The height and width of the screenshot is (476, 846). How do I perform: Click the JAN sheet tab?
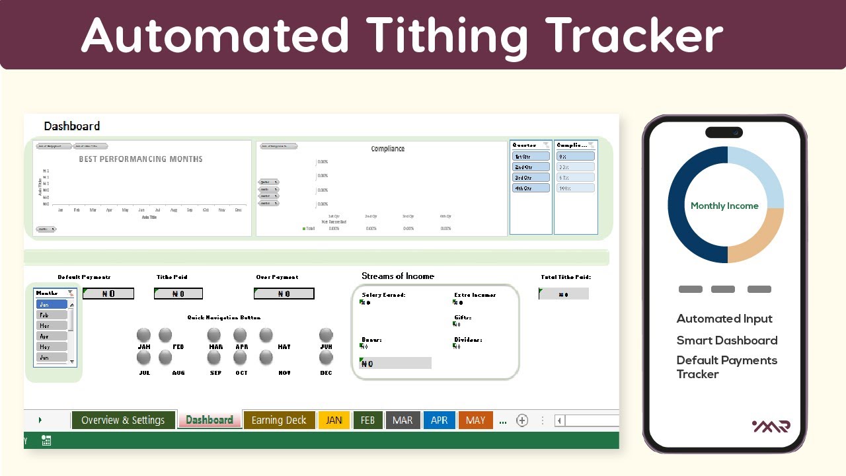tap(334, 420)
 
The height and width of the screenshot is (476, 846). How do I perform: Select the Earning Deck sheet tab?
tap(279, 420)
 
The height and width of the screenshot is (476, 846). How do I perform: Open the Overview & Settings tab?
tap(123, 420)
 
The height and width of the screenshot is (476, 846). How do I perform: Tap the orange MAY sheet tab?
tap(475, 420)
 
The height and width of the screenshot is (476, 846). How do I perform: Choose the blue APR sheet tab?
tap(439, 420)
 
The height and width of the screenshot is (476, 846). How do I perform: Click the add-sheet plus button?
tap(522, 420)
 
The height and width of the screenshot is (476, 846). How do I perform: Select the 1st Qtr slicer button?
tap(531, 157)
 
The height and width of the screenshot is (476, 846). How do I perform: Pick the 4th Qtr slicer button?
tap(531, 188)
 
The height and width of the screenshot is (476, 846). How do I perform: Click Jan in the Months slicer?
tap(52, 305)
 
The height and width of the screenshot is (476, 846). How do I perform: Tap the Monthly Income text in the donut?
tap(724, 206)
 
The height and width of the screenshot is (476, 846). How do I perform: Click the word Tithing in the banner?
tap(447, 34)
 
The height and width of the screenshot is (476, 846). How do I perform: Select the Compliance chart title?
tap(388, 149)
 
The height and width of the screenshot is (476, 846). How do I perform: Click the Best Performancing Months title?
tap(141, 159)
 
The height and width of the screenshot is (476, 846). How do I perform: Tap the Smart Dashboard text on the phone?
tap(726, 340)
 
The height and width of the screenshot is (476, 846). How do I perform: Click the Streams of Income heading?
tap(398, 276)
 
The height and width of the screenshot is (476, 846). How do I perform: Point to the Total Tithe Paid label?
tap(565, 278)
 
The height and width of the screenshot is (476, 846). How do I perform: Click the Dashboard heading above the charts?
tap(72, 126)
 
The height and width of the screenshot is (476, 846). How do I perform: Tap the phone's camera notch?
tap(724, 132)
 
